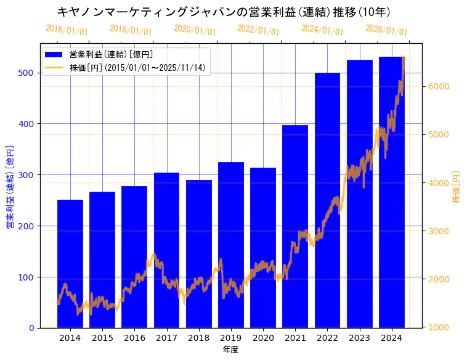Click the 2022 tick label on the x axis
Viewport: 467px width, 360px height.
[327, 338]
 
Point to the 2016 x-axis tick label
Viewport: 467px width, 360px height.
[134, 338]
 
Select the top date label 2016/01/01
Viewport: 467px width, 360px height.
[67, 30]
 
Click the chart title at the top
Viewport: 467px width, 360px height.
[223, 12]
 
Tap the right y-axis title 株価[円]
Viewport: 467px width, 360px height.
[457, 187]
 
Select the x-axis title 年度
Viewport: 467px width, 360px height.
[230, 350]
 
